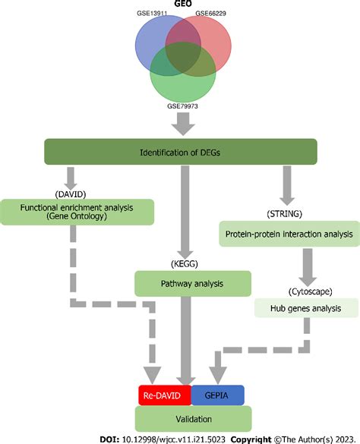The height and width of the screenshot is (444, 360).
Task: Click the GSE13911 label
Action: click(150, 14)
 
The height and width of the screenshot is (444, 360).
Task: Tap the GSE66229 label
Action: click(211, 14)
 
